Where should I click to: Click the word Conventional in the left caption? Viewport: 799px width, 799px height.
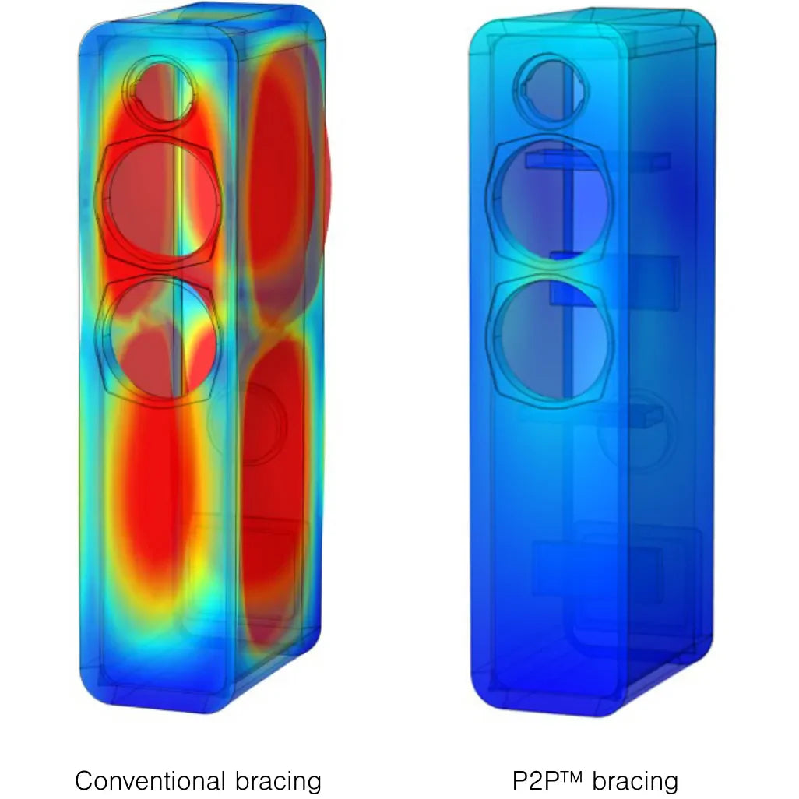click(x=150, y=780)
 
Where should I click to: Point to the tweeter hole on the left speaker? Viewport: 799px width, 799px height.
click(x=159, y=91)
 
